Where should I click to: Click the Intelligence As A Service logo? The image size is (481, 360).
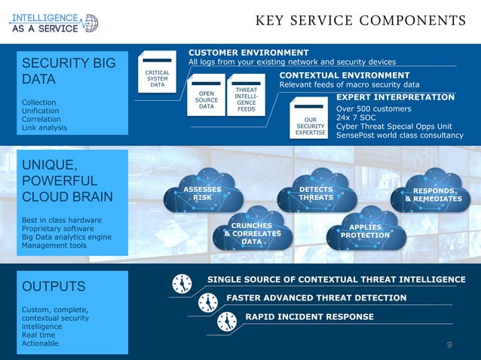[x=53, y=22]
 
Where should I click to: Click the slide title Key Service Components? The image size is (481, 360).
[x=360, y=20]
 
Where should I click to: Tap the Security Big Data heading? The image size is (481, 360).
[x=69, y=71]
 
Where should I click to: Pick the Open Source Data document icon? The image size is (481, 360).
[x=206, y=96]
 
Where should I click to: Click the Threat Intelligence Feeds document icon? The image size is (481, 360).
[x=246, y=96]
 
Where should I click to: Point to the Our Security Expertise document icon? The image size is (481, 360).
[x=310, y=121]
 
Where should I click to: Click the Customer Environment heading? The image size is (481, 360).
[x=248, y=52]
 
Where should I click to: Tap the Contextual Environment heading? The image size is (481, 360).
[x=345, y=75]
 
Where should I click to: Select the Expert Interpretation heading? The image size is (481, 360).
[x=395, y=97]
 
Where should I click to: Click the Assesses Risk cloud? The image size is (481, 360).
[x=202, y=194]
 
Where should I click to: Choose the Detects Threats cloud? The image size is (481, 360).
[x=316, y=194]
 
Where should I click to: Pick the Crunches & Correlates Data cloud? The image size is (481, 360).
[x=251, y=233]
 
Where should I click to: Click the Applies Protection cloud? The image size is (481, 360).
[x=365, y=231]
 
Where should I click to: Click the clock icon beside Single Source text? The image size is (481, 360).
[x=182, y=283]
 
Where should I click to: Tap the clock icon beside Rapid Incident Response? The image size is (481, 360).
[x=226, y=321]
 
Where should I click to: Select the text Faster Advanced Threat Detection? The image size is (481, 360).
[x=316, y=297]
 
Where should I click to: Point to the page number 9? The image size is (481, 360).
[x=449, y=345]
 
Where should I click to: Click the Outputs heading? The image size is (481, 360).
[x=54, y=287]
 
